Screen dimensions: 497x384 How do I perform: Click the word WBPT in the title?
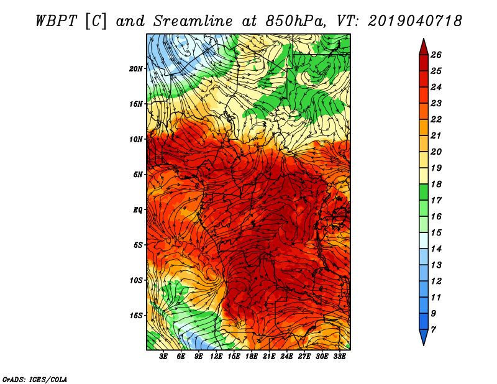[56, 21]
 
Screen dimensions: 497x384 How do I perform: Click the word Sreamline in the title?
[193, 21]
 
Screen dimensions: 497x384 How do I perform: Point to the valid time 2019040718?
[415, 21]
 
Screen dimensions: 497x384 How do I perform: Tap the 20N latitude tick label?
[136, 69]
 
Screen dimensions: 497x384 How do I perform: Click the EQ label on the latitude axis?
[138, 210]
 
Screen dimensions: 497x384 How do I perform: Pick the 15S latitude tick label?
[136, 316]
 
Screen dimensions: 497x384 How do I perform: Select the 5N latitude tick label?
[138, 175]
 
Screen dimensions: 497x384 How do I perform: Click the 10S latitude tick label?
[136, 280]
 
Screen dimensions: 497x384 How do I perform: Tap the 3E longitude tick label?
[163, 357]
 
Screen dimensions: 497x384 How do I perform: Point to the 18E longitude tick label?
[252, 357]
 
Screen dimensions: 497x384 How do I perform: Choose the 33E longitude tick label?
[339, 357]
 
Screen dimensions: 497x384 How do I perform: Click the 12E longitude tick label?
[216, 357]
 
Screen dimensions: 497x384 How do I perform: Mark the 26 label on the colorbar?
[436, 55]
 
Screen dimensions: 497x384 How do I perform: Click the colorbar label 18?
[436, 184]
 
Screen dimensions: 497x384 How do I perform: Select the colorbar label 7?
[433, 330]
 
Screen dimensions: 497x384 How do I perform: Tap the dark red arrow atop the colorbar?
[424, 47]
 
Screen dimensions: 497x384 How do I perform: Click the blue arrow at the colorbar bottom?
[424, 337]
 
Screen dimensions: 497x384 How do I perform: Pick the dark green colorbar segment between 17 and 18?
[424, 192]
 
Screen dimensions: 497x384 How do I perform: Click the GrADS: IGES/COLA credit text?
[35, 379]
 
